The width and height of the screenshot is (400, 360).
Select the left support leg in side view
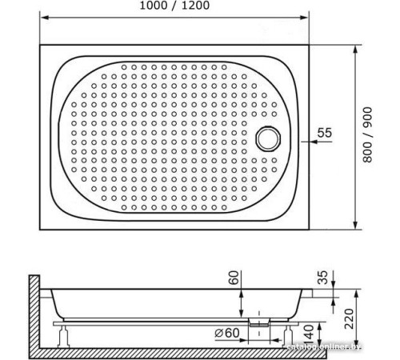tap(62, 330)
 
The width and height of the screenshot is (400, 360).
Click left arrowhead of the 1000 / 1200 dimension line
tap(43, 18)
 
